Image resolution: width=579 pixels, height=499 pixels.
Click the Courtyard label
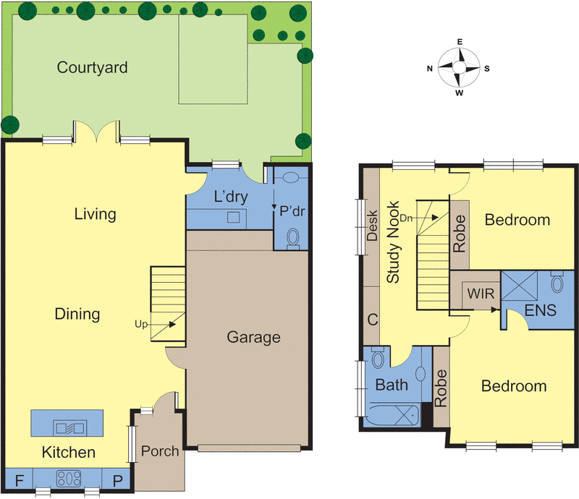click(x=93, y=68)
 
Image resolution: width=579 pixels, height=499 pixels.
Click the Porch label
click(x=160, y=451)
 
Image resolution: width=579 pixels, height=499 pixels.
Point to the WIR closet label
click(x=480, y=295)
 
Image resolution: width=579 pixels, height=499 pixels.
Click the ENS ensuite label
click(x=541, y=311)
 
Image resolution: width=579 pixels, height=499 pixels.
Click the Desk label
click(x=373, y=225)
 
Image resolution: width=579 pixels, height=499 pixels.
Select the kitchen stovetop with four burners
click(x=69, y=478)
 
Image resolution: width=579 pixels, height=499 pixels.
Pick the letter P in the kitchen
click(x=117, y=478)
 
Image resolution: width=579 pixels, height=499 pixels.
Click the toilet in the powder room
click(x=293, y=236)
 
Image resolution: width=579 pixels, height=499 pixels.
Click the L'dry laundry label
click(x=228, y=196)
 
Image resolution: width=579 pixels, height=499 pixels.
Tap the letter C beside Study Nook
click(x=373, y=319)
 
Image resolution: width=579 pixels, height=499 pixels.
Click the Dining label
click(x=77, y=314)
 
